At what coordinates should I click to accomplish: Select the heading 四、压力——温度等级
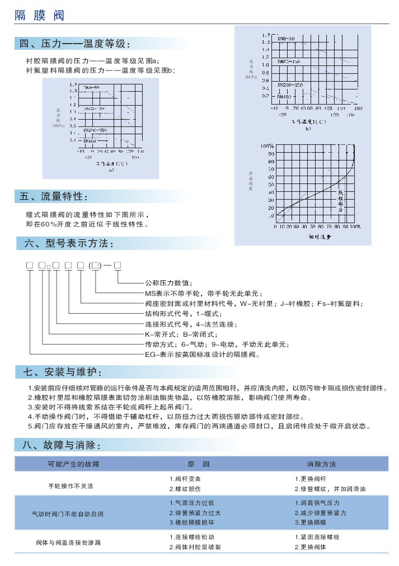(x=76, y=44)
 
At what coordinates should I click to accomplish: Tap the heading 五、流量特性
(x=54, y=197)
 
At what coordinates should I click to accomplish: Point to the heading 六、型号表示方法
(x=67, y=244)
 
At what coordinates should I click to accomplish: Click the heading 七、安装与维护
(x=62, y=372)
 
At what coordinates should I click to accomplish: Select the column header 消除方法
(x=321, y=464)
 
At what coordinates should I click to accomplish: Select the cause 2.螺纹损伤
(x=185, y=489)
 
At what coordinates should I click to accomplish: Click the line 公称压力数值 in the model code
(x=168, y=283)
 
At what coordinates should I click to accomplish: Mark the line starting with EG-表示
(x=203, y=355)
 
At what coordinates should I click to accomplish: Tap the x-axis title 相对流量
(x=320, y=237)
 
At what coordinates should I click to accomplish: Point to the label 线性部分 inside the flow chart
(x=340, y=201)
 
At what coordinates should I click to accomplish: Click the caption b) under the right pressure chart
(x=308, y=130)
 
